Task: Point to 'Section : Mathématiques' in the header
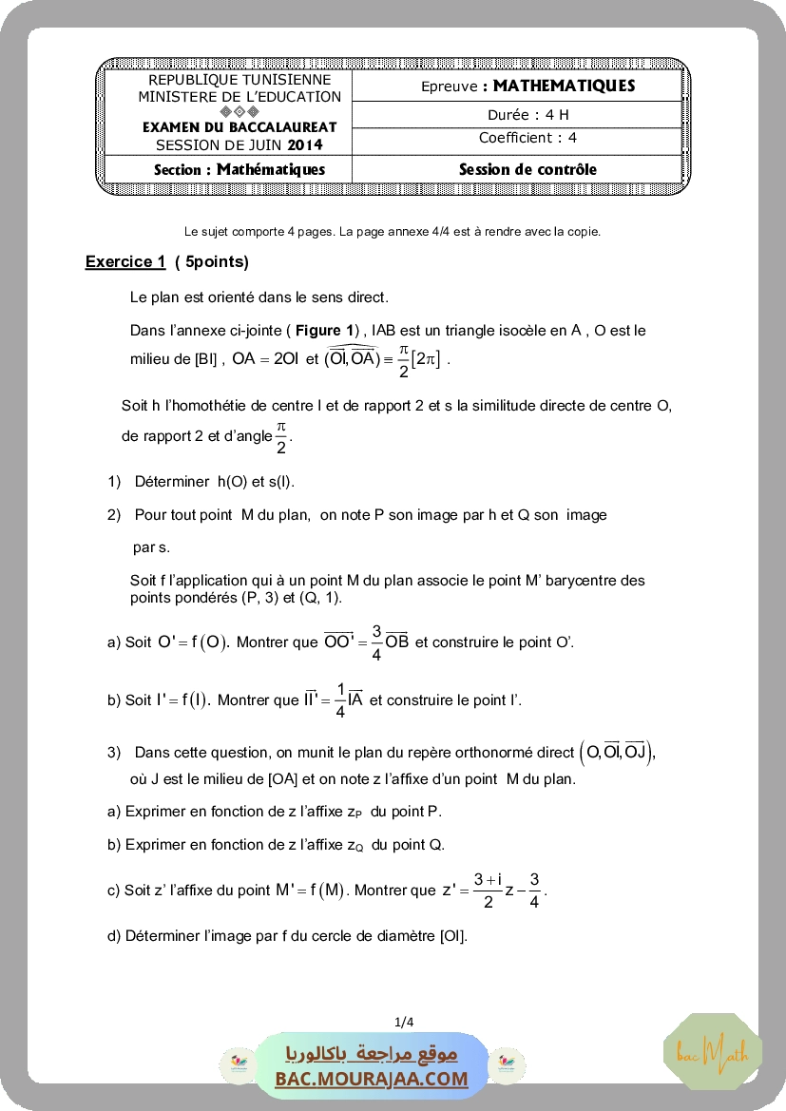(240, 169)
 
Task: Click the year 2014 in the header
(305, 145)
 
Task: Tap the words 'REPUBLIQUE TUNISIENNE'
(240, 81)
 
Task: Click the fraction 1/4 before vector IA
(340, 700)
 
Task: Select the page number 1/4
(404, 1023)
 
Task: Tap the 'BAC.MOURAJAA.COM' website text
(372, 1079)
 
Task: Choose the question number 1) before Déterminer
(114, 482)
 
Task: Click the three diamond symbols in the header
(240, 111)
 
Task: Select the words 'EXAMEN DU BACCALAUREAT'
(240, 127)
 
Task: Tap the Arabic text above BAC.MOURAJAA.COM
(372, 1054)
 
